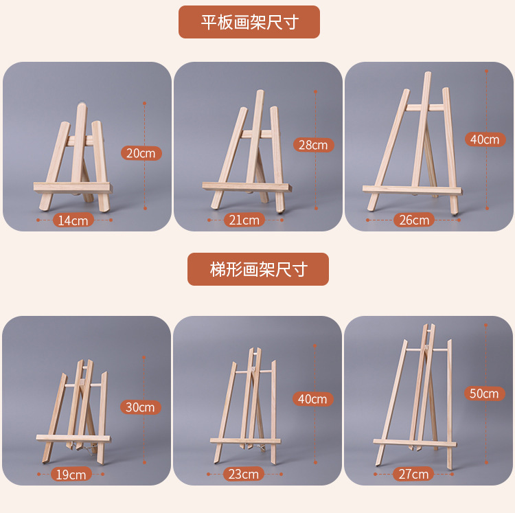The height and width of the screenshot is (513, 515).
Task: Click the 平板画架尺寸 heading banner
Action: click(x=249, y=22)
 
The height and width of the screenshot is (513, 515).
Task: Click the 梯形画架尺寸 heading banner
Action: click(x=257, y=269)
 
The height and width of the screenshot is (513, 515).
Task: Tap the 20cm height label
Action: click(x=141, y=153)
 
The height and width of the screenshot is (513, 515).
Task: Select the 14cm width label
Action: click(x=73, y=220)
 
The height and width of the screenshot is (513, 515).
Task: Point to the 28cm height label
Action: click(x=313, y=145)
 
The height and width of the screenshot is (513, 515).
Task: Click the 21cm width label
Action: click(x=244, y=220)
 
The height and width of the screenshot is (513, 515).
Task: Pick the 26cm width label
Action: click(x=414, y=220)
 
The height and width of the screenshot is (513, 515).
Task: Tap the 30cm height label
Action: click(x=140, y=407)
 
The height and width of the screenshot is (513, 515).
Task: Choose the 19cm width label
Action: click(x=71, y=474)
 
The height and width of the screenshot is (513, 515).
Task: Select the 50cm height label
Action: click(x=484, y=394)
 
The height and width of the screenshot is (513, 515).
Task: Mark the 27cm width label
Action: click(x=413, y=474)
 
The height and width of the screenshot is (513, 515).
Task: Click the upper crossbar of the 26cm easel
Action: click(x=424, y=107)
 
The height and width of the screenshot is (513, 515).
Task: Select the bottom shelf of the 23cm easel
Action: click(x=245, y=440)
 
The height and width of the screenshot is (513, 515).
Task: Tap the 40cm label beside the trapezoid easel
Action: click(x=313, y=399)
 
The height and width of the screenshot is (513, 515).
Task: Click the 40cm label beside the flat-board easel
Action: click(x=484, y=139)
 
